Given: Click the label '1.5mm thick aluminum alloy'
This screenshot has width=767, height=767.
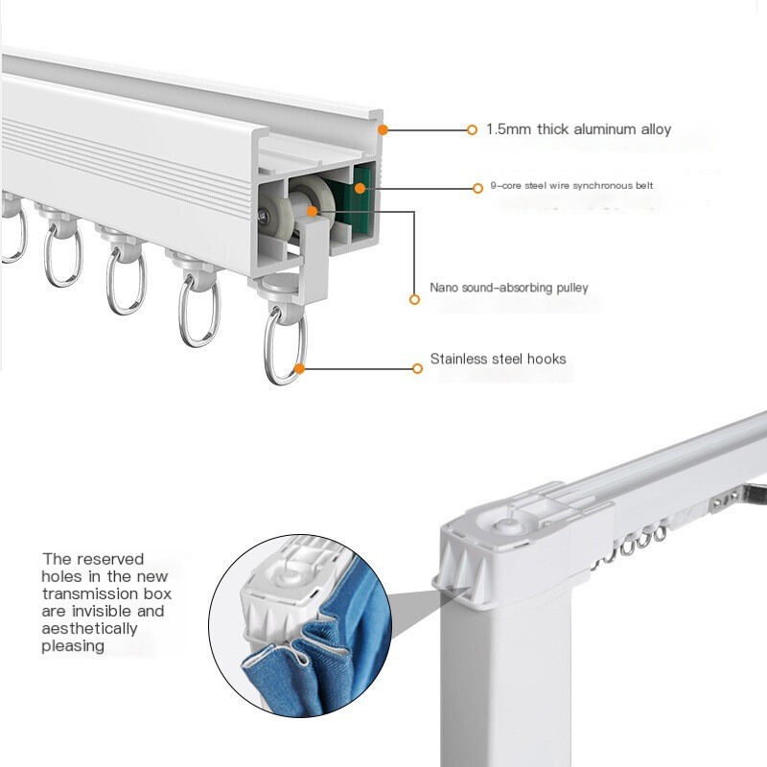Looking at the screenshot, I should [578, 129].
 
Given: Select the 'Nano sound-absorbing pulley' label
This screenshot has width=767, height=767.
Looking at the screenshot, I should [509, 288].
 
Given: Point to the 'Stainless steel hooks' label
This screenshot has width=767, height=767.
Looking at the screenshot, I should [498, 360].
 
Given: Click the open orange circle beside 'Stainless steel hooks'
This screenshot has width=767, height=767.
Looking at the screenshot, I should [417, 367].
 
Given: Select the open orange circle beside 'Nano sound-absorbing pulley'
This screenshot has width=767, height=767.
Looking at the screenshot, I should [414, 299].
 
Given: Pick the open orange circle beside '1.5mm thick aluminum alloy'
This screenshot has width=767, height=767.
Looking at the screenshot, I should [472, 129].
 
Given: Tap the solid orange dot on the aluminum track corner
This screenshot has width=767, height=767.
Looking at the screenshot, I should [383, 128].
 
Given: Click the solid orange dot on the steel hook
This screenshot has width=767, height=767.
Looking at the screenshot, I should [300, 366].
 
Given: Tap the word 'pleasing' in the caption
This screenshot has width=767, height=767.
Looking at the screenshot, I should [73, 646].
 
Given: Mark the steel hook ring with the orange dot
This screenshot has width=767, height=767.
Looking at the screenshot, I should [286, 345].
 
